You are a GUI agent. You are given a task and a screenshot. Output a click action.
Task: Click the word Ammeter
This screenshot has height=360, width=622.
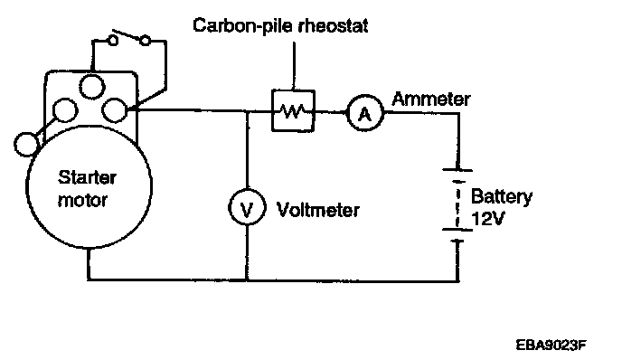431,99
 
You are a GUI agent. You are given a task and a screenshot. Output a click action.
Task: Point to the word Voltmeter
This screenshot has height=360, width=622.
317,210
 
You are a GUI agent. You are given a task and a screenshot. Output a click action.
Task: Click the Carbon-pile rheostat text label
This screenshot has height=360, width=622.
280,26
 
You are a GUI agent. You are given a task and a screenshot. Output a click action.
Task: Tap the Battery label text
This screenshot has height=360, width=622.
502,197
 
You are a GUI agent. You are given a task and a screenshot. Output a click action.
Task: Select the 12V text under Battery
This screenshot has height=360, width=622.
488,218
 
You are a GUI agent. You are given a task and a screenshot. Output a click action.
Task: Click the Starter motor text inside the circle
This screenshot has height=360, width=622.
87,188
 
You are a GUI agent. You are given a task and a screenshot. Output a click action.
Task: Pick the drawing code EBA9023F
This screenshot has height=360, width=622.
551,345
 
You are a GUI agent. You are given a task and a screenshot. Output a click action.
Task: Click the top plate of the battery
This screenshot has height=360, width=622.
457,170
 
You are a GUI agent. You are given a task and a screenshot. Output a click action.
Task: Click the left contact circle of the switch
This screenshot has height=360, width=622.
113,41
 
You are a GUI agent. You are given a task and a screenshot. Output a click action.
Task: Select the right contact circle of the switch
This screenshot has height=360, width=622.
146,41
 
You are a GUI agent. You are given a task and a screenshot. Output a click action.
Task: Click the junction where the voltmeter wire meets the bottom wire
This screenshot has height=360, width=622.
247,280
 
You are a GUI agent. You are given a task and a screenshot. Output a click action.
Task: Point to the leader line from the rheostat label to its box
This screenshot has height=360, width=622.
294,66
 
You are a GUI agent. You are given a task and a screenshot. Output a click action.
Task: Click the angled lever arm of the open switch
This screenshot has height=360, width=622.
127,34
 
